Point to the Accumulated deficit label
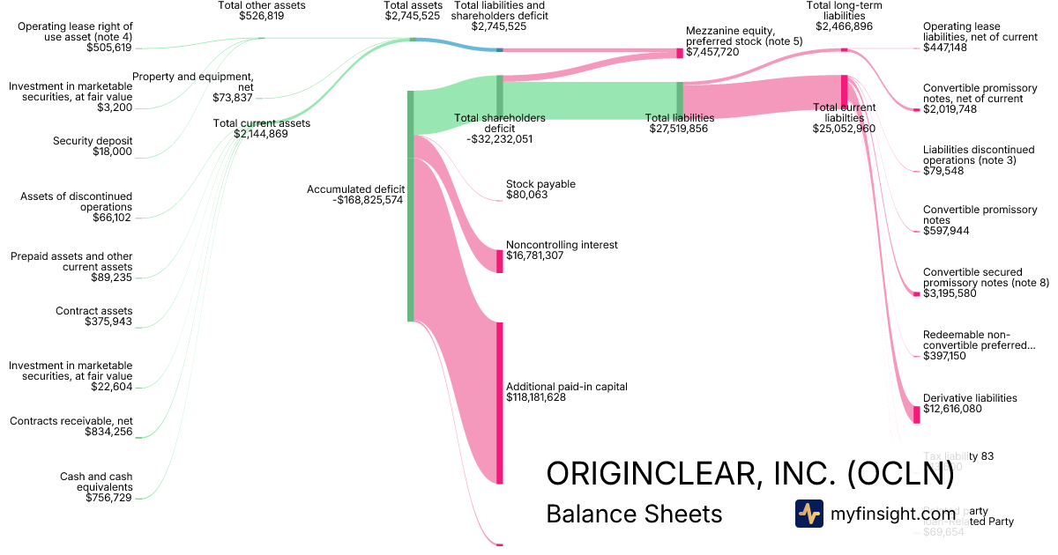[x=355, y=189]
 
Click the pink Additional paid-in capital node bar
[x=499, y=403]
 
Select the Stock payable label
[x=540, y=184]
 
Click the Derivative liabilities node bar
[x=916, y=414]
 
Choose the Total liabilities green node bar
[x=680, y=100]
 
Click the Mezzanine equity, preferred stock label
[x=744, y=36]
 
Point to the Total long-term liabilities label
[x=844, y=11]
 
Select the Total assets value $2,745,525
[x=413, y=26]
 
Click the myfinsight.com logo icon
[x=808, y=514]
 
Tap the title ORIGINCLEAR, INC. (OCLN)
[x=749, y=474]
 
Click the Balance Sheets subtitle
[x=634, y=514]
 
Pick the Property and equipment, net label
[x=193, y=82]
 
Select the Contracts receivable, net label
[x=71, y=421]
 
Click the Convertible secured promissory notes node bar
[x=916, y=293]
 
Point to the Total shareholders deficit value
[x=499, y=139]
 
